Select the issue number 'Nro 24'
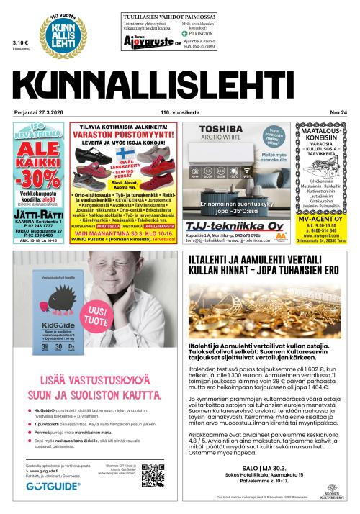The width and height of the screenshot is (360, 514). pos(336,112)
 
